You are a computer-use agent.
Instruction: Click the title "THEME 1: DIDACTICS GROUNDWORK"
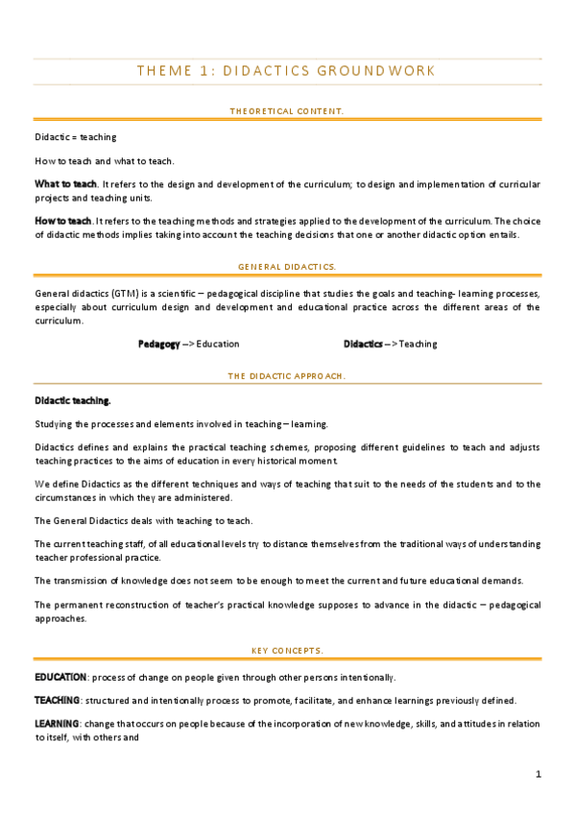pyautogui.click(x=287, y=71)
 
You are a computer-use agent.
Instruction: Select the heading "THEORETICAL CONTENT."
pyautogui.click(x=287, y=111)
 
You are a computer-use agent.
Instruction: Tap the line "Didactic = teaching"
pyautogui.click(x=76, y=137)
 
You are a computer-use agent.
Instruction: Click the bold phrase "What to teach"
pyautogui.click(x=65, y=183)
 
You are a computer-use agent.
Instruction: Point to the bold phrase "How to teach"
pyautogui.click(x=63, y=221)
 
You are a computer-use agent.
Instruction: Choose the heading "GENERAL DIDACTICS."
pyautogui.click(x=287, y=265)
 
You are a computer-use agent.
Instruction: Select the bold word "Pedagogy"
pyautogui.click(x=158, y=344)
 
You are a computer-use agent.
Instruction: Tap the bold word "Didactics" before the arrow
pyautogui.click(x=364, y=344)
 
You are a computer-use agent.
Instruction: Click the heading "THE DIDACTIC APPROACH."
pyautogui.click(x=287, y=376)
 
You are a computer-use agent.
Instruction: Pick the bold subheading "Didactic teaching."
pyautogui.click(x=73, y=400)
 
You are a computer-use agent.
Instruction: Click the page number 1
pyautogui.click(x=539, y=774)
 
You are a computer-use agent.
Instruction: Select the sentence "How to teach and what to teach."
pyautogui.click(x=105, y=160)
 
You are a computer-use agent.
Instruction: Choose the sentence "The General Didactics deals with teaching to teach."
pyautogui.click(x=143, y=520)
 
